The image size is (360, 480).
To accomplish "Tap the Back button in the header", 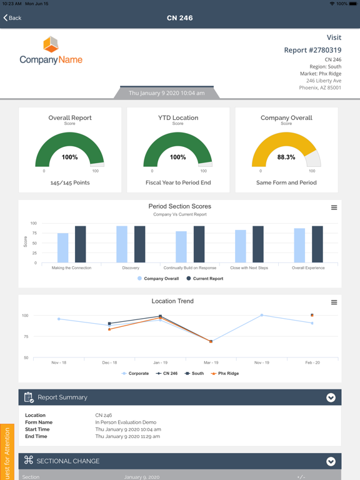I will click(x=12, y=18).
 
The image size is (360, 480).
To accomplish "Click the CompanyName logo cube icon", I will click(x=51, y=45).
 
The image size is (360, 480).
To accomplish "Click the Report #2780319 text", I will click(x=312, y=50).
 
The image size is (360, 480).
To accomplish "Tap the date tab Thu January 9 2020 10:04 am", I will click(x=166, y=93).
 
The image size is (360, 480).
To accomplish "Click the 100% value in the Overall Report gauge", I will click(x=69, y=157).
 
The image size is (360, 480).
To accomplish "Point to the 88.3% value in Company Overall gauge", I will click(x=286, y=157).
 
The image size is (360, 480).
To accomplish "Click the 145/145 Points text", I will click(x=69, y=182).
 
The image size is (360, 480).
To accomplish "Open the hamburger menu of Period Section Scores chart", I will click(x=334, y=207).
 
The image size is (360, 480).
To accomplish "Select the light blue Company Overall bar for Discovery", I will click(x=122, y=244).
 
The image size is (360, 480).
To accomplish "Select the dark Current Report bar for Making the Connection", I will click(x=81, y=244).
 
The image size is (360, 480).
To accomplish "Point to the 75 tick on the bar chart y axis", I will click(x=33, y=233).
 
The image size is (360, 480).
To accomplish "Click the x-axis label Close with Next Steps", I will click(x=249, y=267).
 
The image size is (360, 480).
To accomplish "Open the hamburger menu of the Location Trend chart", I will click(x=334, y=302).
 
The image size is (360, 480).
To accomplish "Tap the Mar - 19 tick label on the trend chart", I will click(x=211, y=362).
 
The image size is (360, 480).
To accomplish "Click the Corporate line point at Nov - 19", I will click(x=261, y=315).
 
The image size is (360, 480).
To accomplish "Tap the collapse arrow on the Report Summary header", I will click(x=331, y=397).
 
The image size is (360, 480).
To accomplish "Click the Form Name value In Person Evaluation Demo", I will click(x=126, y=422).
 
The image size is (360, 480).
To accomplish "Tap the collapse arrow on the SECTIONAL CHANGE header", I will click(x=331, y=461).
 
